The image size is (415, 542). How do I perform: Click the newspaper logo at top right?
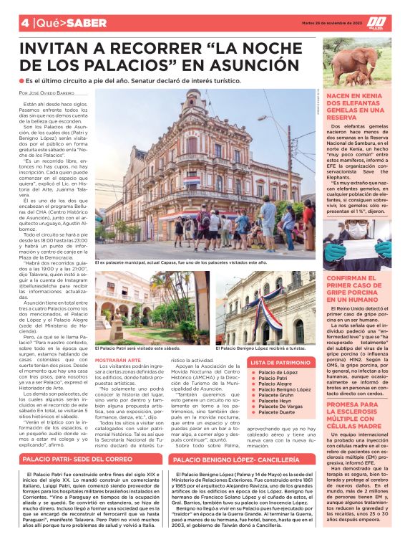click(396, 24)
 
